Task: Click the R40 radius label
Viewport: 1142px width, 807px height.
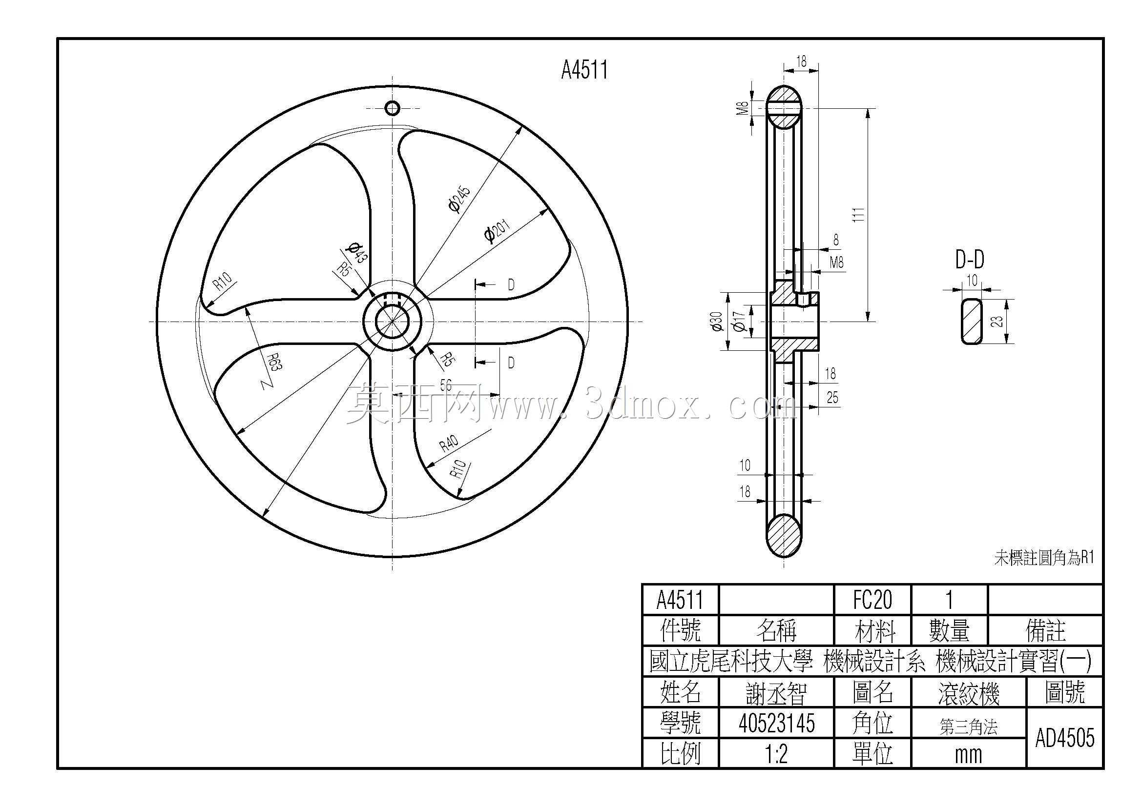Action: pyautogui.click(x=449, y=442)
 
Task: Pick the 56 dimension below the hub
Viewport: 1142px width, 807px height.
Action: pyautogui.click(x=446, y=385)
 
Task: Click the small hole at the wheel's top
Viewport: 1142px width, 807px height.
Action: pyautogui.click(x=393, y=108)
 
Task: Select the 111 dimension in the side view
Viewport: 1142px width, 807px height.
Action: pyautogui.click(x=858, y=214)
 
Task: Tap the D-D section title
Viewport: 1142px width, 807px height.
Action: pyautogui.click(x=970, y=260)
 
